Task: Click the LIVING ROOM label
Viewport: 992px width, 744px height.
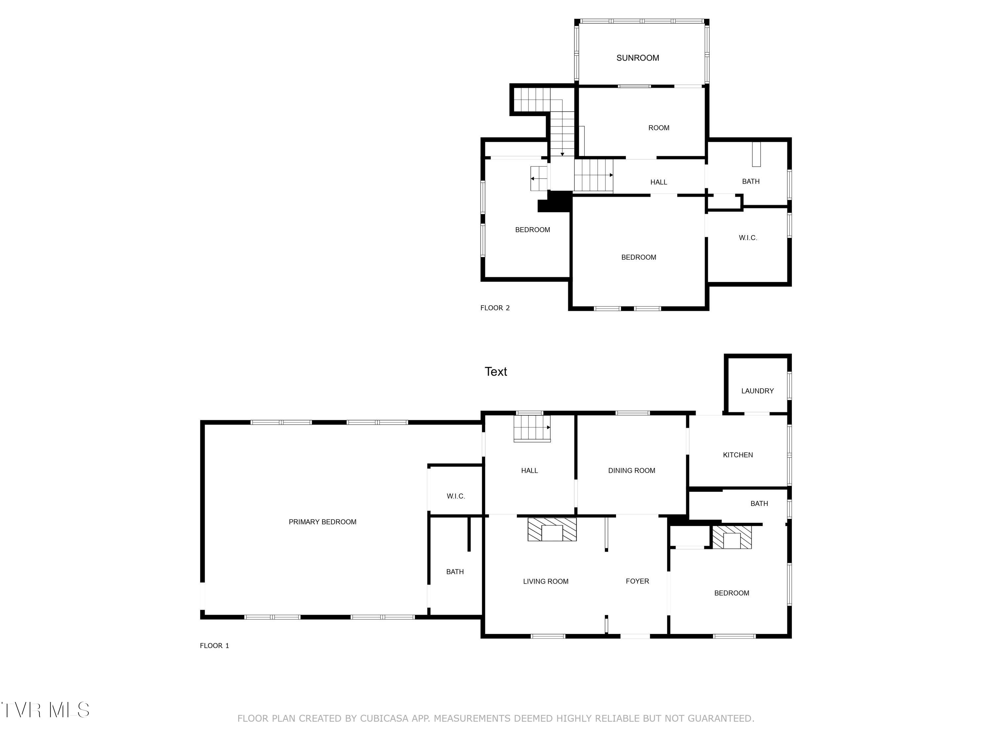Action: [x=545, y=581]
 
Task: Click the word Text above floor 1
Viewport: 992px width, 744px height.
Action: [x=496, y=371]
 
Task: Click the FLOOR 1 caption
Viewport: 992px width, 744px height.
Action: [x=214, y=645]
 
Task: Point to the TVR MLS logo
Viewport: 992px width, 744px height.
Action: [x=46, y=710]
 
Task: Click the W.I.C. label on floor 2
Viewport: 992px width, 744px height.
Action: [x=748, y=238]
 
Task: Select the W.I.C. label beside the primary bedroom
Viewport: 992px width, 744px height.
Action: [x=456, y=496]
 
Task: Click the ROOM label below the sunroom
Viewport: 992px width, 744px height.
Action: [x=658, y=128]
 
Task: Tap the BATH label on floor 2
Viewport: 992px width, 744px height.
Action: [x=750, y=181]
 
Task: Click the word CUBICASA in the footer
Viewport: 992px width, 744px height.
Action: [x=384, y=719]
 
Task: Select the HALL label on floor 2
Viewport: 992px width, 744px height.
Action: [x=658, y=182]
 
